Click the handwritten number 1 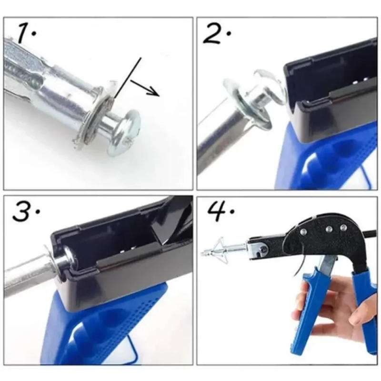click(x=25, y=33)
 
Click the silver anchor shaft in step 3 click(x=29, y=276)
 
